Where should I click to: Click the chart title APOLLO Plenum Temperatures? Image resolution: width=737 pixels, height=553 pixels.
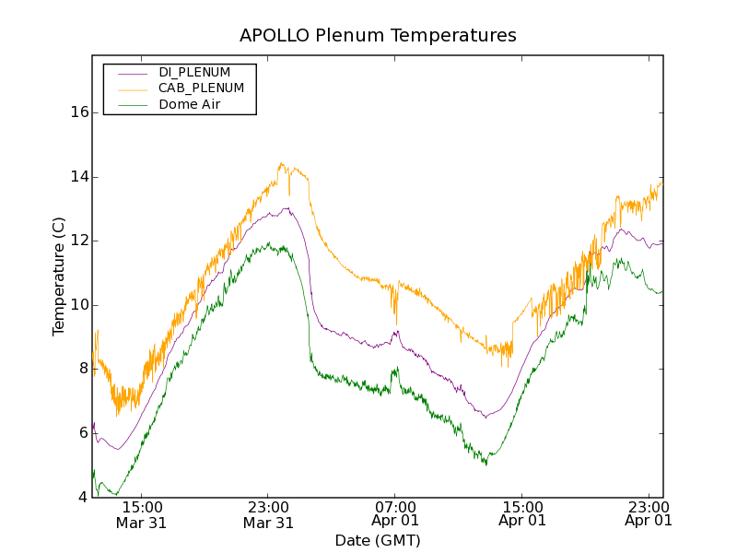[378, 36]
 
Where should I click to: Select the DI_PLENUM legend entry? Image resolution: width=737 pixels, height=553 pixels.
[194, 72]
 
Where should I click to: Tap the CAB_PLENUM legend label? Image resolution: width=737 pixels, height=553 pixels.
[201, 88]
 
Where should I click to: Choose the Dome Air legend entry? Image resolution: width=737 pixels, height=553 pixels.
[190, 104]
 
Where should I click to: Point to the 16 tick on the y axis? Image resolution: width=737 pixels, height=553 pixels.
[79, 112]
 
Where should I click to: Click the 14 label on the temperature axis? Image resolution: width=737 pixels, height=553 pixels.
[79, 177]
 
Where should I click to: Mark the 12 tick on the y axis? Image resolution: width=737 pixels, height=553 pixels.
[79, 241]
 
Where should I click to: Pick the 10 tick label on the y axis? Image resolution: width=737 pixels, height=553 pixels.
[79, 305]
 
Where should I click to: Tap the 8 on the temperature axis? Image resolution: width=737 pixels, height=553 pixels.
[83, 370]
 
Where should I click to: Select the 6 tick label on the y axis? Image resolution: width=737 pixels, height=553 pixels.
[83, 433]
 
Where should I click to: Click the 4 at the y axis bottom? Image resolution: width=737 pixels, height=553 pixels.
[83, 498]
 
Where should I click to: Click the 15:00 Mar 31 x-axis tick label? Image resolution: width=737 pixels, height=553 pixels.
[142, 514]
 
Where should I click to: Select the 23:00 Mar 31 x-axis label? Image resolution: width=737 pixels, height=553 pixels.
[268, 514]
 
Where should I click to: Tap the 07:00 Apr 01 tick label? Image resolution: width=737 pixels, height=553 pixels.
[395, 514]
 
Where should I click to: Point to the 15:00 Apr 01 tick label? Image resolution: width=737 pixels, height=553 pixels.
[522, 514]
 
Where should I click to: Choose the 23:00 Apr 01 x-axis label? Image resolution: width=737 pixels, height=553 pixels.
[649, 514]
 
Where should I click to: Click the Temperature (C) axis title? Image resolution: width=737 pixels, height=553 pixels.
[59, 276]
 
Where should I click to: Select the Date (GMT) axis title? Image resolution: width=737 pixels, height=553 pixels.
[378, 540]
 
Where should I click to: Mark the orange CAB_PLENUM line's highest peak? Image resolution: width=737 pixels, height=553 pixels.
[281, 164]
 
